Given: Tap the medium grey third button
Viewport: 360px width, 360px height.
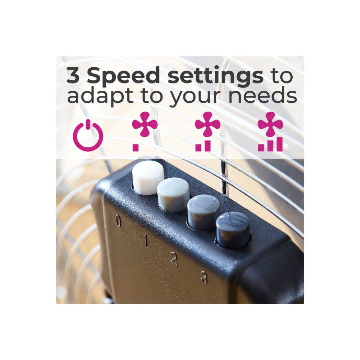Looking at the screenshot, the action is click(x=203, y=212).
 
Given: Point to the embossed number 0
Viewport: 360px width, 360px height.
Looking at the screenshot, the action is click(x=118, y=221).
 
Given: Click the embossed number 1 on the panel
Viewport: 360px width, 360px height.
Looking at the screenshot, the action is click(x=145, y=240).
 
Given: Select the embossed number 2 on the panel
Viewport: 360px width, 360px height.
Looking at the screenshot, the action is click(x=174, y=259).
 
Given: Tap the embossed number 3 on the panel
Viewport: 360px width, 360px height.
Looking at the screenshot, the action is click(x=204, y=277).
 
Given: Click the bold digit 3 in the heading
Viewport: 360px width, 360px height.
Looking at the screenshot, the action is click(x=73, y=75).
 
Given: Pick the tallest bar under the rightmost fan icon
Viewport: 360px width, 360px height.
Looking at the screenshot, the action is click(x=279, y=144).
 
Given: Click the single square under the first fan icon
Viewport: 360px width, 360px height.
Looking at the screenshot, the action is click(x=135, y=148).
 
